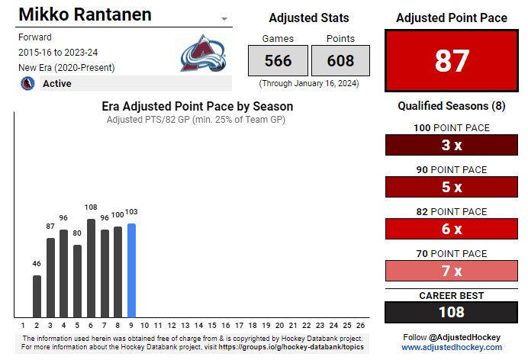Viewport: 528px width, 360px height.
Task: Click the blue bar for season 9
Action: tap(131, 271)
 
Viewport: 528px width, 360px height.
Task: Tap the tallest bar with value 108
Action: tap(91, 268)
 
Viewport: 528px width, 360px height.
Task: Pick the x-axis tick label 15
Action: tap(212, 324)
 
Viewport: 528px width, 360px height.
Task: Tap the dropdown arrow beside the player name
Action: tap(224, 18)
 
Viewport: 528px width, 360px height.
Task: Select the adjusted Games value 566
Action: tap(278, 60)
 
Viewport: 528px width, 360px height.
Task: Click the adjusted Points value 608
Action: tap(340, 60)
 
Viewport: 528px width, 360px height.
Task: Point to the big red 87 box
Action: tap(452, 60)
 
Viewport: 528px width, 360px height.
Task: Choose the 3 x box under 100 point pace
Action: tap(452, 145)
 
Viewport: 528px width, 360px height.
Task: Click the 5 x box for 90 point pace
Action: tap(452, 187)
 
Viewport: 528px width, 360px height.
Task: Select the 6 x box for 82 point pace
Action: tap(452, 229)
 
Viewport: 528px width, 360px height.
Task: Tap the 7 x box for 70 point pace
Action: tap(452, 271)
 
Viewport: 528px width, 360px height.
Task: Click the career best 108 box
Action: tap(452, 312)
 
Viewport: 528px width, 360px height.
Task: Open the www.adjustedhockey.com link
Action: tap(452, 347)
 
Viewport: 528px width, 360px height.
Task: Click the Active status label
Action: tap(57, 83)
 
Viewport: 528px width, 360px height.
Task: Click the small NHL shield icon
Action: tap(27, 83)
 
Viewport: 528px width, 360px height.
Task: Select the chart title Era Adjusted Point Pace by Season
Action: tap(198, 107)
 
